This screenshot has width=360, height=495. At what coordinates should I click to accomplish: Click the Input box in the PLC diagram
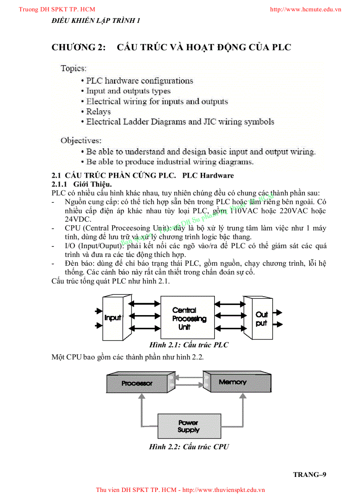(x=112, y=317)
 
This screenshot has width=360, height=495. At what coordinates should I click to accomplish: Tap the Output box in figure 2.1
(x=261, y=319)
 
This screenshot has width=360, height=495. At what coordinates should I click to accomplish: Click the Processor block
(x=137, y=383)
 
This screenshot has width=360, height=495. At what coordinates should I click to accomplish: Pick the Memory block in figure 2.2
(x=232, y=382)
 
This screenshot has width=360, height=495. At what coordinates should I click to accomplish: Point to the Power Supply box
(x=188, y=426)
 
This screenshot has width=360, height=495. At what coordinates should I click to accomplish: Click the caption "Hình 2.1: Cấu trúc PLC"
(x=189, y=345)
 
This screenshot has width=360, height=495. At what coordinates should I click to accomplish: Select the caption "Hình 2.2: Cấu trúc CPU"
(x=189, y=447)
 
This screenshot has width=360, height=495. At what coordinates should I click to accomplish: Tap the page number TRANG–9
(x=309, y=474)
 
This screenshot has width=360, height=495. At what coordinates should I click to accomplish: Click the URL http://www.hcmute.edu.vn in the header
(x=305, y=9)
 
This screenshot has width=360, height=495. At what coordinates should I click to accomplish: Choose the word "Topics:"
(x=74, y=68)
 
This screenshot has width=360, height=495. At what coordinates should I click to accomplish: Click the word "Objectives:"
(x=81, y=141)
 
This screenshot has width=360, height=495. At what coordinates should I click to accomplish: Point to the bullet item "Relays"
(x=98, y=112)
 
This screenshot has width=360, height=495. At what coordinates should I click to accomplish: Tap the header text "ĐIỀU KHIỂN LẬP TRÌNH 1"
(x=96, y=20)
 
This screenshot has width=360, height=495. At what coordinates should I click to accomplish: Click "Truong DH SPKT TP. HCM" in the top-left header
(x=57, y=9)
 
